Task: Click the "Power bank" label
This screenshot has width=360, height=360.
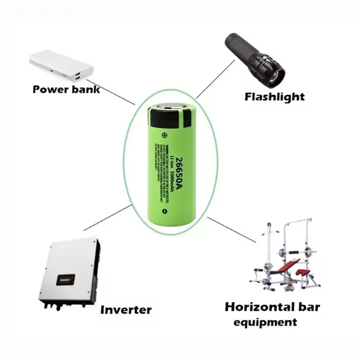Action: [66, 89]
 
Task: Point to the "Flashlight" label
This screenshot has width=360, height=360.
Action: [274, 96]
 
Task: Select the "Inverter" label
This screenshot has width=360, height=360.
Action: [126, 310]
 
